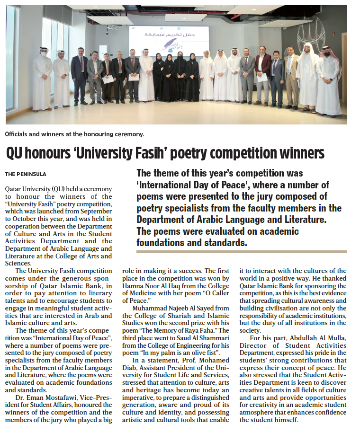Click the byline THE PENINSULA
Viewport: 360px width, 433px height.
pyautogui.click(x=26, y=174)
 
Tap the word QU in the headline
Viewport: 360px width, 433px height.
pyautogui.click(x=15, y=153)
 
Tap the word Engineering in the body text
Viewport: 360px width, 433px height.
pyautogui.click(x=194, y=339)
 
